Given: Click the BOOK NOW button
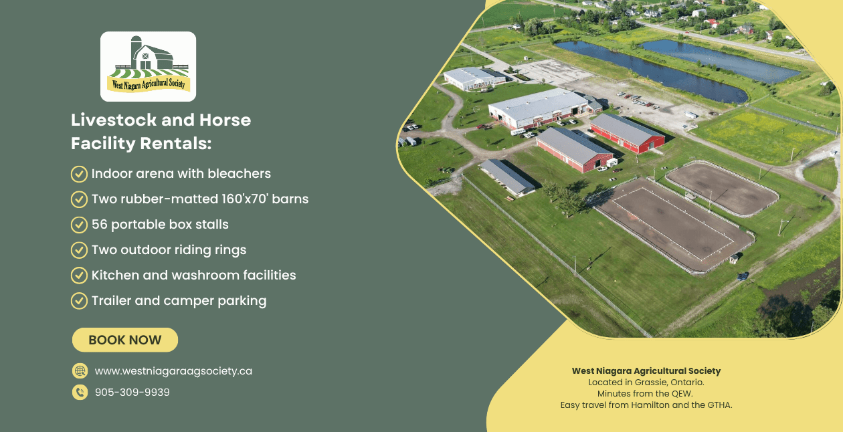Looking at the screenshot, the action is pyautogui.click(x=125, y=340).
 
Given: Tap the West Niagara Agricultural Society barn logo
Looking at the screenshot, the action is pyautogui.click(x=149, y=66).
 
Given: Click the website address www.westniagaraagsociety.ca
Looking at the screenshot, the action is pyautogui.click(x=173, y=371).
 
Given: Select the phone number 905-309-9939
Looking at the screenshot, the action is pyautogui.click(x=132, y=392).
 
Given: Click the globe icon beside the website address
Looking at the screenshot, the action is pyautogui.click(x=80, y=371).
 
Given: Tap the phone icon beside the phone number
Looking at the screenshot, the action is pyautogui.click(x=80, y=392).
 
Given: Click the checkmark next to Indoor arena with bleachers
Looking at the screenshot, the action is pyautogui.click(x=79, y=174).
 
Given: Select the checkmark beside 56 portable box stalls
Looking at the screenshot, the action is pyautogui.click(x=79, y=225).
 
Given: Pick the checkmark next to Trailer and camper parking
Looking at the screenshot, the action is pyautogui.click(x=79, y=301).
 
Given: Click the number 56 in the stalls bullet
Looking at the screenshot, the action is pyautogui.click(x=99, y=224).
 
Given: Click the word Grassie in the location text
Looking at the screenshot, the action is pyautogui.click(x=650, y=383).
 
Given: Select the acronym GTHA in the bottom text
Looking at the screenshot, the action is pyautogui.click(x=720, y=405).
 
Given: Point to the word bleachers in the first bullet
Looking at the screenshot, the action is pyautogui.click(x=239, y=173).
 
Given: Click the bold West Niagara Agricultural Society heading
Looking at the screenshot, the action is pyautogui.click(x=646, y=370).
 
